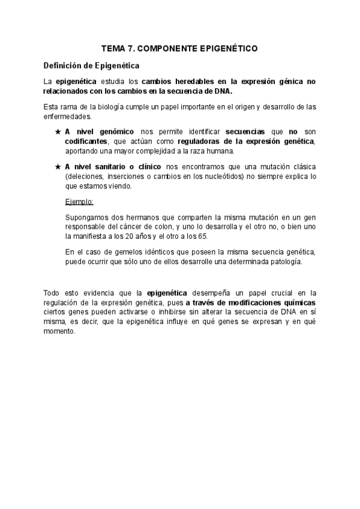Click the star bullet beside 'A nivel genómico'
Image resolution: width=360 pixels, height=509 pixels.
pos(57,131)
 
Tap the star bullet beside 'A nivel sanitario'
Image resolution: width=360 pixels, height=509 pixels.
pos(57,166)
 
